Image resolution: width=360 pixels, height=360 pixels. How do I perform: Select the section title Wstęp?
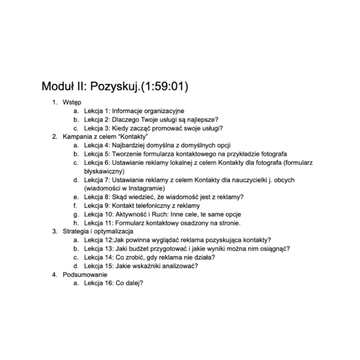(x=72, y=102)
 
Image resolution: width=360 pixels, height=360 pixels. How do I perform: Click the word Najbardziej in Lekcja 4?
(x=127, y=146)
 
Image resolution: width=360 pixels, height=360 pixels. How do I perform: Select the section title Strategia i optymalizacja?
(x=98, y=231)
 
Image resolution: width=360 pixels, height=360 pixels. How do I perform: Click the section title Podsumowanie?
(x=85, y=275)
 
